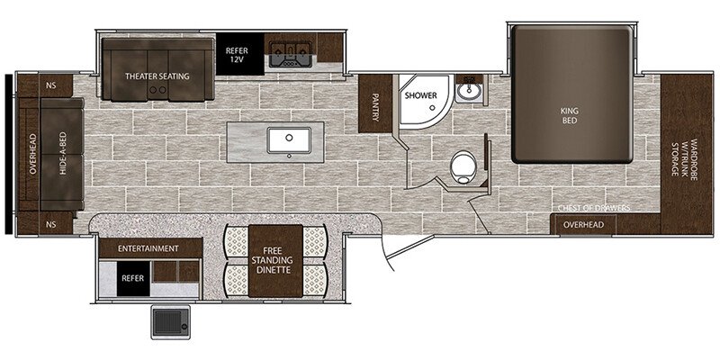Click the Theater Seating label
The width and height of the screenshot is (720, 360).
[x=157, y=76]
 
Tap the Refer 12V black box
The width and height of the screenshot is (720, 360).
[x=239, y=54]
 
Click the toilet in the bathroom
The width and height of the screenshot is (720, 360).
[x=463, y=167]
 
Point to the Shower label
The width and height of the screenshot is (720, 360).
[x=420, y=95]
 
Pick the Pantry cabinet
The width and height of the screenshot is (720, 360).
[x=374, y=103]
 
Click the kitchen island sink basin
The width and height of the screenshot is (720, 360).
[x=289, y=140]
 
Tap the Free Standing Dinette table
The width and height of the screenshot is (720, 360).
[x=275, y=261]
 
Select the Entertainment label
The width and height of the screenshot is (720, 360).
[x=148, y=248]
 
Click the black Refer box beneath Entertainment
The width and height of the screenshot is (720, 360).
[x=133, y=278]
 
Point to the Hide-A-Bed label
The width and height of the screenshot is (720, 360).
[x=63, y=153]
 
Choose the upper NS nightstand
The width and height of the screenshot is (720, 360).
[x=50, y=85]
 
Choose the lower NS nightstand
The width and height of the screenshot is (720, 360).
[x=50, y=224]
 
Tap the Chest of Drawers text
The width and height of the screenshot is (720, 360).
[x=594, y=209]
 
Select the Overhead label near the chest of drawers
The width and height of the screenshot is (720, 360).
[x=583, y=224]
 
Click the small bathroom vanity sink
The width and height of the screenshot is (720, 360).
[x=468, y=91]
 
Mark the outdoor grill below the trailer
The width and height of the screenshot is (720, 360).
[x=171, y=322]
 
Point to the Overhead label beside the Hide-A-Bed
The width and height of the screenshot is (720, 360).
[x=32, y=154]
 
